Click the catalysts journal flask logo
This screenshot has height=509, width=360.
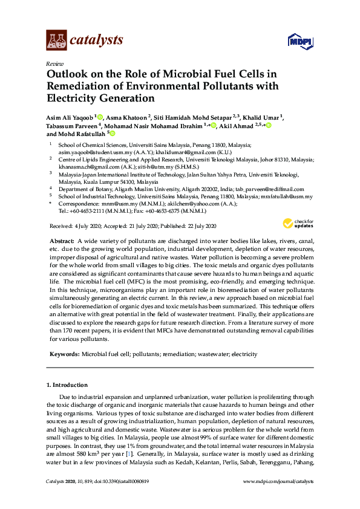tap(56, 41)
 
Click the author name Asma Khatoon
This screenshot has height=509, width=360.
tap(127, 117)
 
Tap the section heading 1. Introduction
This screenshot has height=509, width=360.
tap(67, 384)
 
